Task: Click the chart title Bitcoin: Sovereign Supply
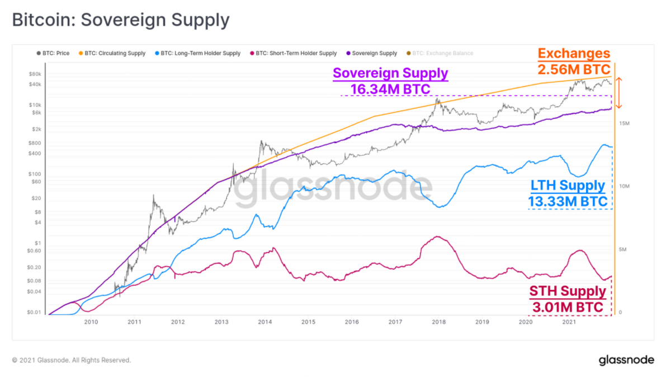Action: (x=121, y=20)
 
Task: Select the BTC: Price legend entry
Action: (x=55, y=54)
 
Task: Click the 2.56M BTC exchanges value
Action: (x=574, y=69)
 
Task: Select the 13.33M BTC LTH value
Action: (x=568, y=201)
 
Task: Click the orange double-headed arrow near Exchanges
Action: (x=618, y=93)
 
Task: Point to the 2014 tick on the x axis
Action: (x=265, y=322)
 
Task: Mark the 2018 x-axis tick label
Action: (x=438, y=322)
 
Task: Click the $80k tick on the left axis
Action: (x=35, y=74)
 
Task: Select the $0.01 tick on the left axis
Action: (x=35, y=312)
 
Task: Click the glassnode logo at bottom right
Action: (x=626, y=360)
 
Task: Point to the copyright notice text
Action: (x=71, y=360)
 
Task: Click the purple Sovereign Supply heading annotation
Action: (x=390, y=73)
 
